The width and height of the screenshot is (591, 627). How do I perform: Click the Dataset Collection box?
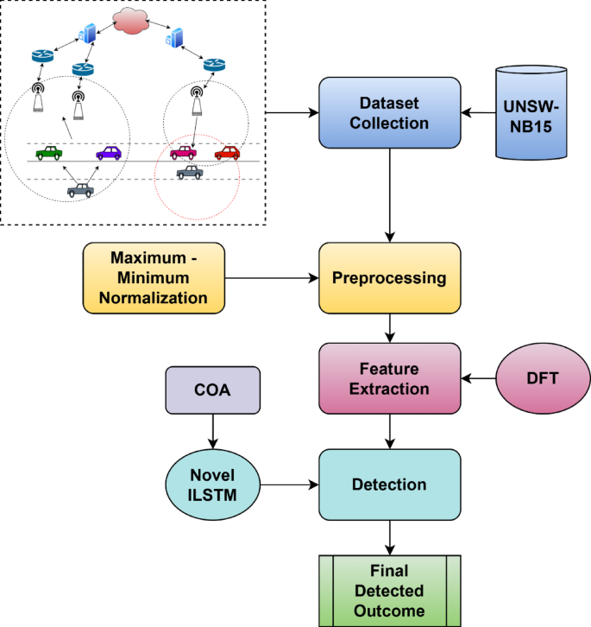pyautogui.click(x=390, y=113)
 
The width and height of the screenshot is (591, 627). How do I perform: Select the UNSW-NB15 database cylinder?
pyautogui.click(x=531, y=113)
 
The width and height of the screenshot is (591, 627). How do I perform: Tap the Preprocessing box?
pyautogui.click(x=390, y=278)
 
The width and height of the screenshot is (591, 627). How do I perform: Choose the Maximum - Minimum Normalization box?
pyautogui.click(x=154, y=278)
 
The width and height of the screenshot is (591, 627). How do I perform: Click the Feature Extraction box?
pyautogui.click(x=390, y=378)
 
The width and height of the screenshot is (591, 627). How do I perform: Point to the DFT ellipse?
pyautogui.click(x=543, y=378)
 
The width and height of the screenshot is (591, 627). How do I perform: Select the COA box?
pyautogui.click(x=213, y=389)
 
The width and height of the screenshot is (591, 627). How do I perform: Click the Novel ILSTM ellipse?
pyautogui.click(x=213, y=484)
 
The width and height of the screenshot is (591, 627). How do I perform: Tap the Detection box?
pyautogui.click(x=390, y=484)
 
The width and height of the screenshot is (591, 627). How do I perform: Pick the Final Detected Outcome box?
pyautogui.click(x=390, y=591)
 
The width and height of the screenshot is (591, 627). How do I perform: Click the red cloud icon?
pyautogui.click(x=130, y=22)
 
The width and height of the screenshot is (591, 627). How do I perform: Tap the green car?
pyautogui.click(x=49, y=153)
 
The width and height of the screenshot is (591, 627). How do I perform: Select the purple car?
pyautogui.click(x=109, y=153)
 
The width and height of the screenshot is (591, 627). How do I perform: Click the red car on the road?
pyautogui.click(x=228, y=153)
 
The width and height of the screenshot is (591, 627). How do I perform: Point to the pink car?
pyautogui.click(x=183, y=153)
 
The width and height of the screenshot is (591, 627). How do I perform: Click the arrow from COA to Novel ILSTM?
pyautogui.click(x=213, y=432)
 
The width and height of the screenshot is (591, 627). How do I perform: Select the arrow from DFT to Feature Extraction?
pyautogui.click(x=478, y=378)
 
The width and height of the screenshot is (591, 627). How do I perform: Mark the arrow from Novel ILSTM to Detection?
pyautogui.click(x=290, y=484)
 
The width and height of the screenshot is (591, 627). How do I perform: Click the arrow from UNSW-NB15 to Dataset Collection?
pyautogui.click(x=478, y=113)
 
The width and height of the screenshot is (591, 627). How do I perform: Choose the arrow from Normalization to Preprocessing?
pyautogui.click(x=272, y=278)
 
